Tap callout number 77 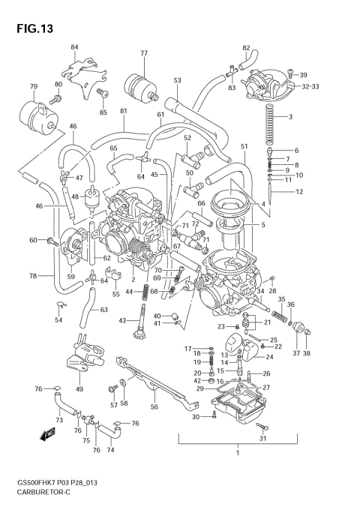pos(144,52)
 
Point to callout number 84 pos(74,47)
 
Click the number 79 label pos(33,87)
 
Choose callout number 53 pos(177,80)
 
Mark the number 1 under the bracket pos(236,452)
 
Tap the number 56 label pos(154,408)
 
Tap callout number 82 pos(246,48)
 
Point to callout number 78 pos(32,276)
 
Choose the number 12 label pos(299,192)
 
